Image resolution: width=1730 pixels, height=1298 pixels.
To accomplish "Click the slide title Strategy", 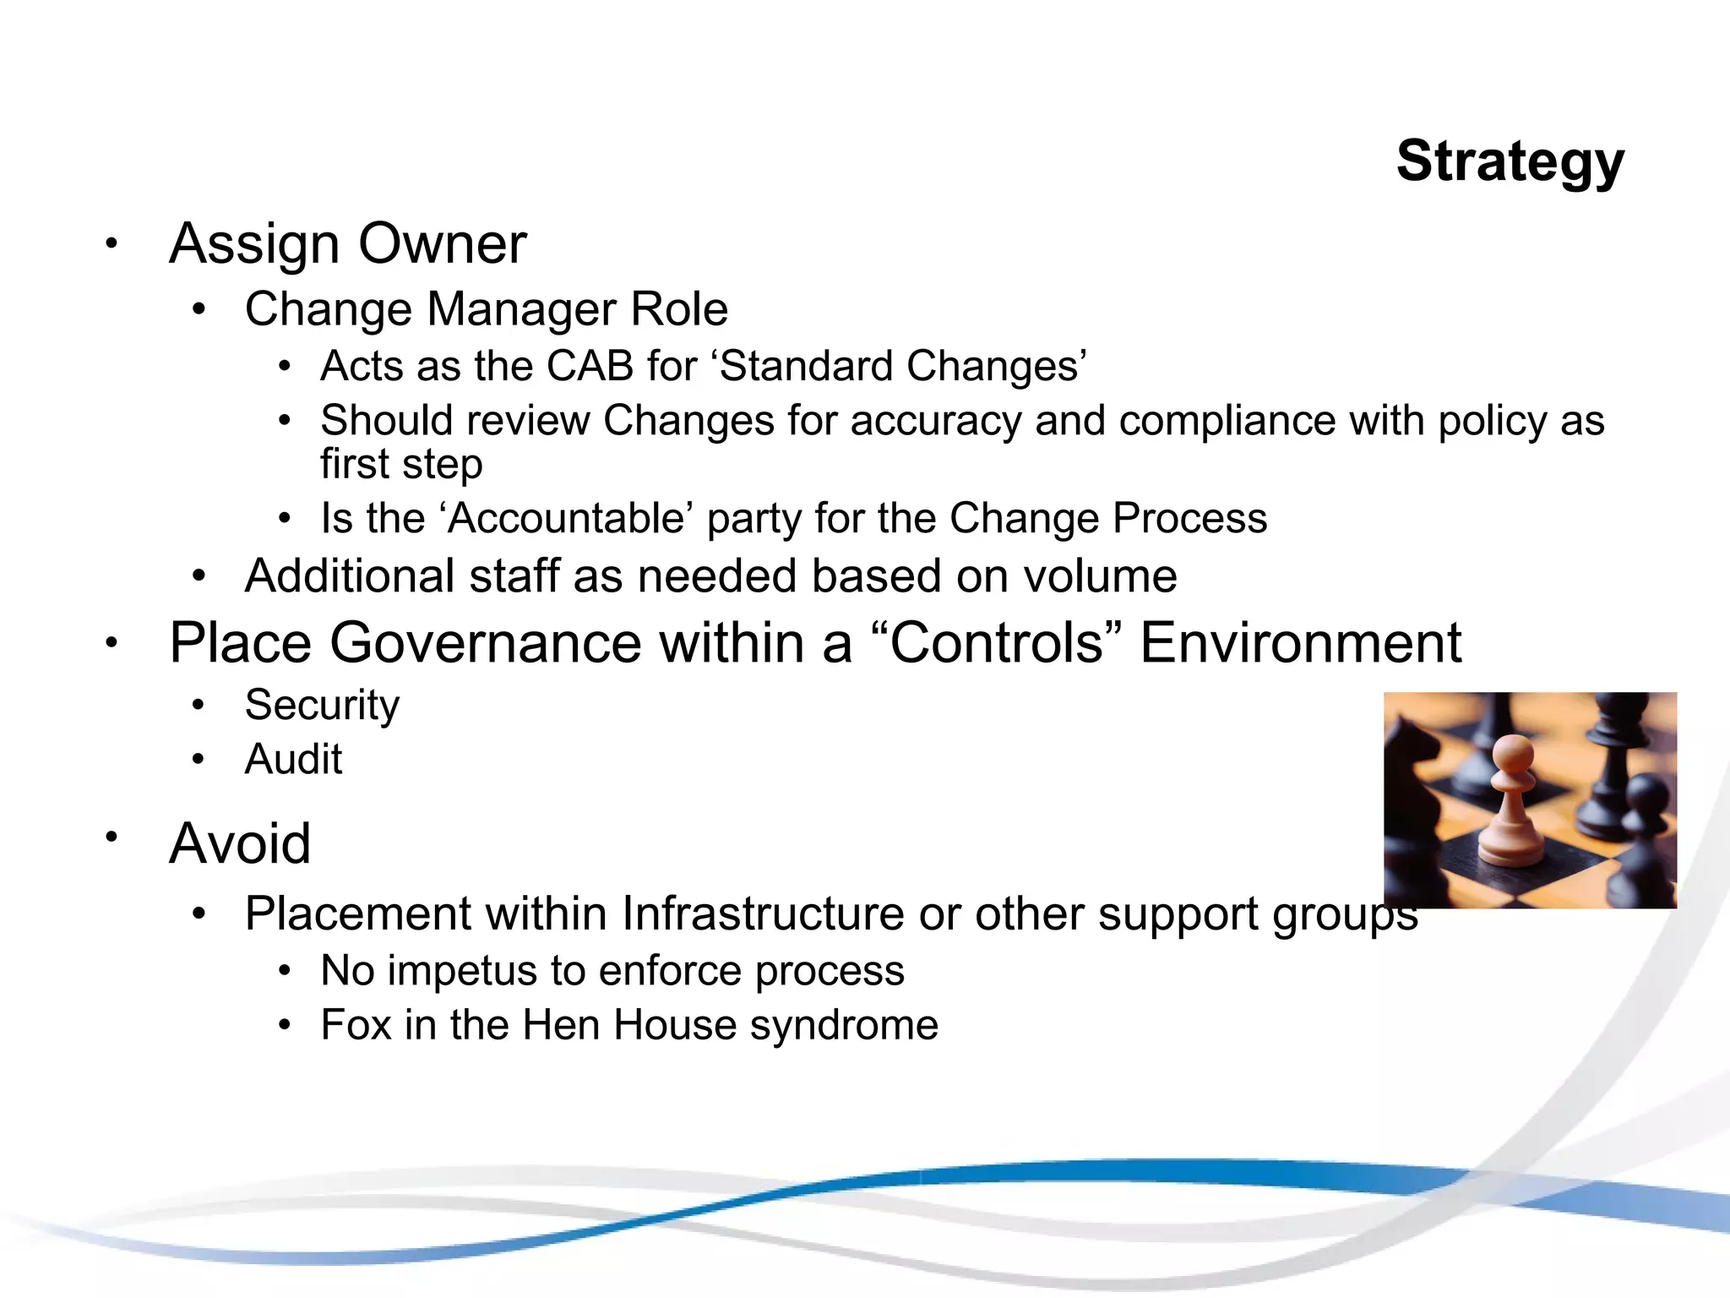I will click(1510, 161).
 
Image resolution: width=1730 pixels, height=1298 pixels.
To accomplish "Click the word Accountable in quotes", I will click(567, 518).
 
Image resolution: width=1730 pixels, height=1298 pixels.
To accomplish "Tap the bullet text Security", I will click(322, 706).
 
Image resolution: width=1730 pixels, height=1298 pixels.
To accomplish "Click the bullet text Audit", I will click(293, 759).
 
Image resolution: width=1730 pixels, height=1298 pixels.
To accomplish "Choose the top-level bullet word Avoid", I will click(240, 843).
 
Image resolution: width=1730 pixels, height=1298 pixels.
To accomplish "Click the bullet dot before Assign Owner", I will click(111, 244).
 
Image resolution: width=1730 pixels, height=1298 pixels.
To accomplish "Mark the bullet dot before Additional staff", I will click(199, 577).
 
